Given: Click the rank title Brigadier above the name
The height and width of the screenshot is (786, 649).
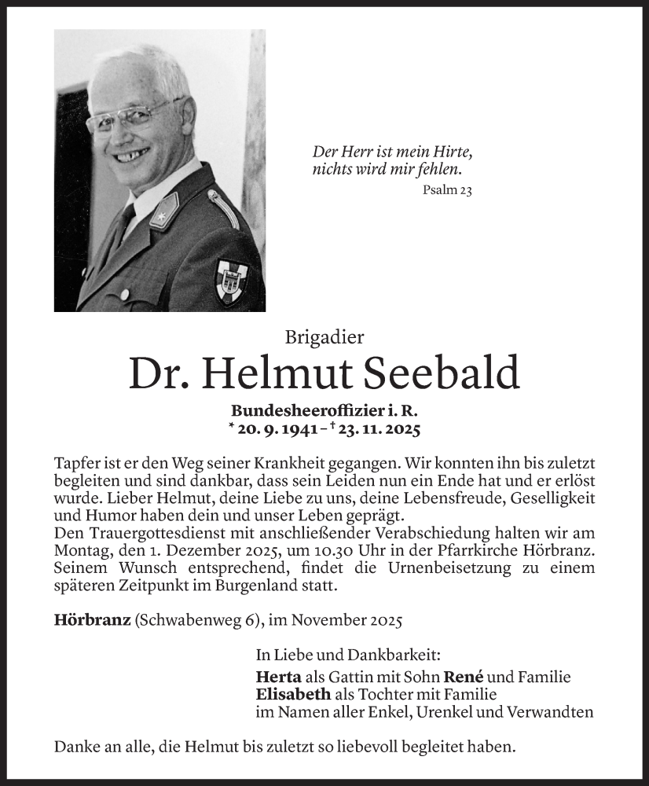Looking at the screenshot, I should [324, 337].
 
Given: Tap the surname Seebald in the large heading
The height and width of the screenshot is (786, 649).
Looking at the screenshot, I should [441, 373].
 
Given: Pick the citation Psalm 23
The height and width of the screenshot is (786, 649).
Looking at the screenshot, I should [446, 189].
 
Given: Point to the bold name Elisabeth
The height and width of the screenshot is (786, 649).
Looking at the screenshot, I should [293, 694].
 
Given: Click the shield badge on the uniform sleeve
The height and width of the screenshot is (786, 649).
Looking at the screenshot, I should [233, 281].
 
